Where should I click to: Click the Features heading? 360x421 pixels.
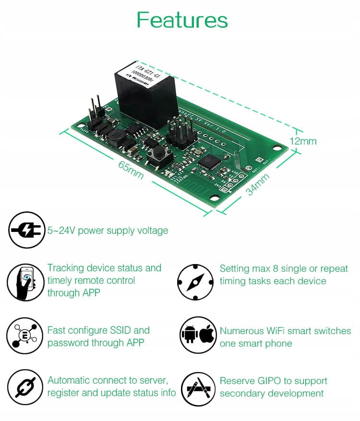click(182, 20)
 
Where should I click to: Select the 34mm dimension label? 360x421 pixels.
click(257, 184)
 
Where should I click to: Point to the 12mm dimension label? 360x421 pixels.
click(303, 141)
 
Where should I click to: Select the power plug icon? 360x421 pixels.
click(27, 230)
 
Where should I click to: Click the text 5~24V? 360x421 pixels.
click(61, 231)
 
